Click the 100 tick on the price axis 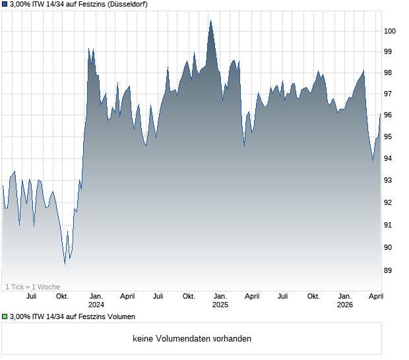click(x=391, y=31)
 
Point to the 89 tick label click(x=391, y=270)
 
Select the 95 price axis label click(x=391, y=137)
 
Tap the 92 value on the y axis click(x=391, y=203)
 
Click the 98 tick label click(x=391, y=73)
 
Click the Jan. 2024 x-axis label click(x=96, y=301)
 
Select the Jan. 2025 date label click(x=220, y=301)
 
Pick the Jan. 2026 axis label click(x=344, y=301)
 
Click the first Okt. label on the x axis click(x=62, y=297)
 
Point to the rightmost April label click(x=375, y=297)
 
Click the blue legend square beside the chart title click(x=5, y=5)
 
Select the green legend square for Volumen click(x=5, y=317)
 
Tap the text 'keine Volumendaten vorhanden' click(x=192, y=339)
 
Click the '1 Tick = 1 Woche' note click(x=32, y=287)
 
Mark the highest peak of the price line click(x=210, y=20)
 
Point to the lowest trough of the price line click(x=65, y=264)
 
